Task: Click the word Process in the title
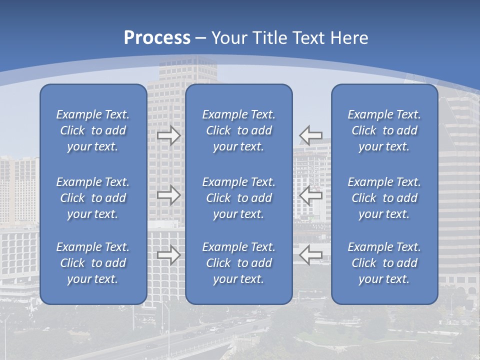157,38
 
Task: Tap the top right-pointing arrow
168,135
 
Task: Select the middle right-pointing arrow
168,195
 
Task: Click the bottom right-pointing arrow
168,255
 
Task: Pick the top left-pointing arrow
311,135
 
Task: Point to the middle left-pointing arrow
311,195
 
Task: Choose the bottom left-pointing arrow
311,255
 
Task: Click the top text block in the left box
93,130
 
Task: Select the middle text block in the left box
93,198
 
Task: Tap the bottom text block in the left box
93,263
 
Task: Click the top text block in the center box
239,130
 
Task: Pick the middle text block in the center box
239,198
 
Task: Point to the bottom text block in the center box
239,263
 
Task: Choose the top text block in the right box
384,130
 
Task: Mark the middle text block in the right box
384,198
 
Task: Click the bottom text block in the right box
384,263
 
